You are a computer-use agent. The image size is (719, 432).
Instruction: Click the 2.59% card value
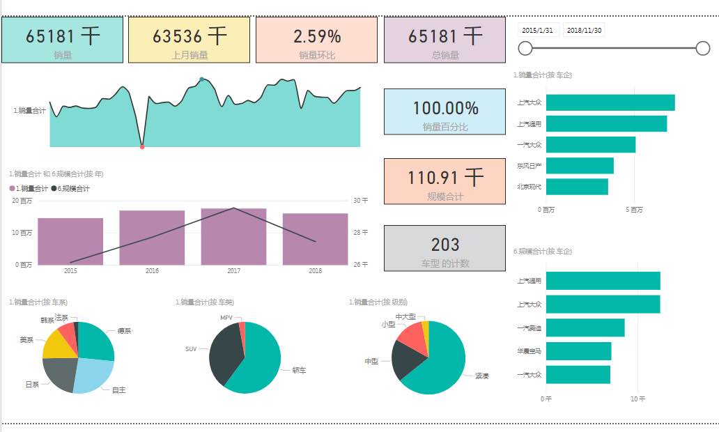(317, 36)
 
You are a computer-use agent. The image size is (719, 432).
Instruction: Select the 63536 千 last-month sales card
(189, 40)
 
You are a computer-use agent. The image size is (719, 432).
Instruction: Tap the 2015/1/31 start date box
(538, 30)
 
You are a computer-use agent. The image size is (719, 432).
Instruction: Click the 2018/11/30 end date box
(584, 30)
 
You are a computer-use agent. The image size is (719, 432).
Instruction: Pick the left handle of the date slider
(526, 48)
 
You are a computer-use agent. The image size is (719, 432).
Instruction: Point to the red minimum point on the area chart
(142, 147)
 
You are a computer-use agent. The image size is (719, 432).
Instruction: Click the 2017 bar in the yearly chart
(233, 236)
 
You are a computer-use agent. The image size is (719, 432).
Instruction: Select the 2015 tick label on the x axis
(70, 270)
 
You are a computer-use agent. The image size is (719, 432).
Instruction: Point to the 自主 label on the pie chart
(119, 390)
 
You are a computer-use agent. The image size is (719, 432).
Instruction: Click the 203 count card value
(444, 245)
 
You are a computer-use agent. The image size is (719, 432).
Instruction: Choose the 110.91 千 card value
(445, 178)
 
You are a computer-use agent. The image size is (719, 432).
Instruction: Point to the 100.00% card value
(445, 108)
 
